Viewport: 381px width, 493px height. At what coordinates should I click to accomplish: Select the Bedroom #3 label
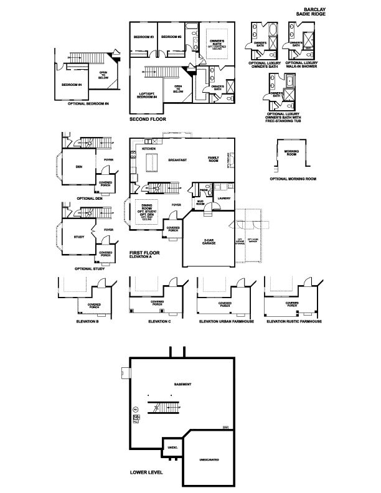coord(143,37)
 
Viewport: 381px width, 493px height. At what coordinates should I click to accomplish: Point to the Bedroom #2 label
coord(171,37)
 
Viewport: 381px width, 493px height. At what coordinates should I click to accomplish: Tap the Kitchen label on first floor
coord(148,149)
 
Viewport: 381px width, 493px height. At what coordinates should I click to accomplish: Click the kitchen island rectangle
coord(151,162)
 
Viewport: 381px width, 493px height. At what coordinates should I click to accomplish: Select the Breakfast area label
coord(178,160)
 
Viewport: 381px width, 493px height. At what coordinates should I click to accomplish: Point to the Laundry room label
coord(222,199)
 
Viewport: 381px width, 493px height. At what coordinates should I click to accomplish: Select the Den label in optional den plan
coord(79,166)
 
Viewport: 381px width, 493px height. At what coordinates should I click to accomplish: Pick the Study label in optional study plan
coord(78,237)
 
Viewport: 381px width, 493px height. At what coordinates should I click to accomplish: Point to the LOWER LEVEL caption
coord(146,472)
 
